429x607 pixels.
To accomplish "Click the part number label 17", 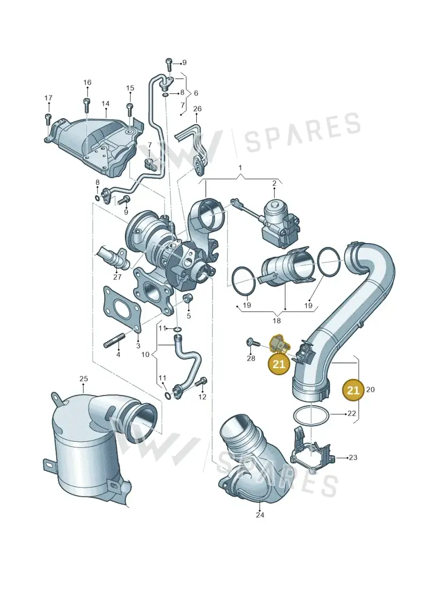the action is [48, 98].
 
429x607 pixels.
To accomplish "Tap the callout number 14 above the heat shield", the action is [106, 104].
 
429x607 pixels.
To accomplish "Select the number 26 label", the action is [197, 109].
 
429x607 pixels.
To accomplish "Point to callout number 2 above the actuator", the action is [274, 183].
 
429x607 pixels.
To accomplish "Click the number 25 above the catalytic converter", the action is [84, 378].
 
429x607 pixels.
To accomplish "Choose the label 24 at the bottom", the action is [260, 515].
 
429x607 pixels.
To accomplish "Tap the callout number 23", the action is [353, 458].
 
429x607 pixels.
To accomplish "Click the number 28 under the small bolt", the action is [251, 359].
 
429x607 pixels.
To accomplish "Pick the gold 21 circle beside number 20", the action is [353, 390].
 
